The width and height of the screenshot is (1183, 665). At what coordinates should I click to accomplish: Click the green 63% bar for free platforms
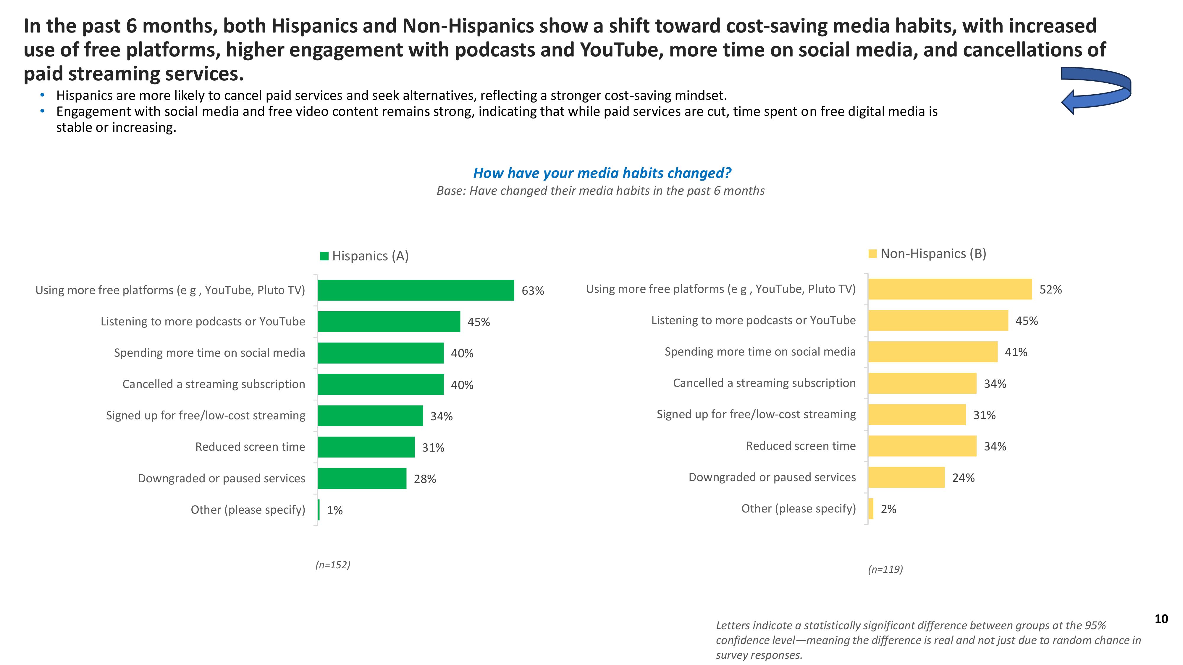pos(416,290)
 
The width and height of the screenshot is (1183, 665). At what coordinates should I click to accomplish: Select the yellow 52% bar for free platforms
pos(950,289)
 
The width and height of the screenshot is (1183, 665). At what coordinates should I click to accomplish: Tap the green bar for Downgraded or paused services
pos(362,478)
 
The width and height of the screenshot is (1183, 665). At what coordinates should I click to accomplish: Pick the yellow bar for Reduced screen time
pos(922,446)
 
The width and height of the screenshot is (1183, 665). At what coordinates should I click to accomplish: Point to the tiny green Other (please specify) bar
pos(319,510)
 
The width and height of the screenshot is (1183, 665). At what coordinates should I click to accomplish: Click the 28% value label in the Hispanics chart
pos(425,479)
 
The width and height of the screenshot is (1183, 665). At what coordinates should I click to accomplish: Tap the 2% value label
pos(888,509)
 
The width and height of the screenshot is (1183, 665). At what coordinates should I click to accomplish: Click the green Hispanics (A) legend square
pos(324,256)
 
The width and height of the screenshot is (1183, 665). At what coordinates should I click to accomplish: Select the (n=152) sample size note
pos(332,565)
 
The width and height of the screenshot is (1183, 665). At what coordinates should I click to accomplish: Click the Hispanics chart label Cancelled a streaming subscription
pos(214,384)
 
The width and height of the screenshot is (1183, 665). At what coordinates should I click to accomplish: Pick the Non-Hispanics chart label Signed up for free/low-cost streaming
pos(756,414)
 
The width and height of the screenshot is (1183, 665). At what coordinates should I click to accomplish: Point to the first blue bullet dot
pos(43,95)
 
